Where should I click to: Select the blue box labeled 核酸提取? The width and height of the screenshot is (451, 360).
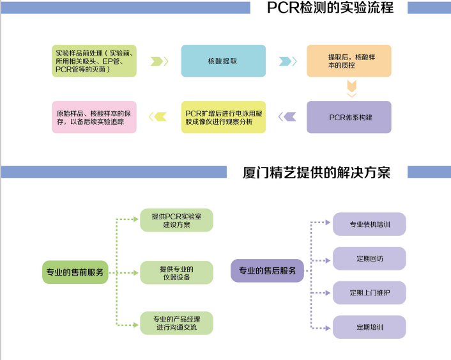point(223,61)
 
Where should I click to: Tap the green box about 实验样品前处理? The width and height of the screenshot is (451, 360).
point(94,61)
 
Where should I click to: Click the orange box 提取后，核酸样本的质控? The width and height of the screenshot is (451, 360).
point(349,61)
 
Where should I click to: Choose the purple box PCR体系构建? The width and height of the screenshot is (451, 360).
point(349,117)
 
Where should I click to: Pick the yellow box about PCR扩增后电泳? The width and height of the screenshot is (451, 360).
point(223,117)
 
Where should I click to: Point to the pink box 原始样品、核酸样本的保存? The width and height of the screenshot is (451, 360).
point(94,117)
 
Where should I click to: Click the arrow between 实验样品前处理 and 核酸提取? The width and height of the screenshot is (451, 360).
point(160,61)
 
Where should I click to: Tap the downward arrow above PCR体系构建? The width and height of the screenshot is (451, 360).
point(351,89)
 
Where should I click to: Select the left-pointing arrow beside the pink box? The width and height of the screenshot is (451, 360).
point(158,116)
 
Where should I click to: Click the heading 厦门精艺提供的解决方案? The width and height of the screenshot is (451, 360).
point(317,173)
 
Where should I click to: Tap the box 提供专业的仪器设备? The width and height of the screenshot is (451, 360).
point(176,272)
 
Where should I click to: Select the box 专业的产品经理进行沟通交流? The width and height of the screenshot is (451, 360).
point(176,323)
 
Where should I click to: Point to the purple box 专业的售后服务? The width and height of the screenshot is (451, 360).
point(267,271)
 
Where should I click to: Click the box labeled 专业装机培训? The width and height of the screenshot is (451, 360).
point(369,224)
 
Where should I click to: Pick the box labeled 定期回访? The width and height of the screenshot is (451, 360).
point(369,258)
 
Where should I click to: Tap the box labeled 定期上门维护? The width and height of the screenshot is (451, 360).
point(369,293)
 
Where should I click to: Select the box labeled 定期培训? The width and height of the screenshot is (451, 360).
point(369,327)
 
